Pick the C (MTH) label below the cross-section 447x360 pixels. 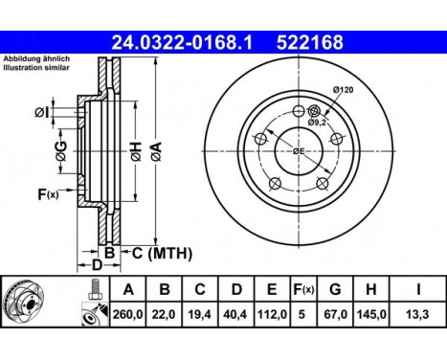162,253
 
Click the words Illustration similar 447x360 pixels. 36,69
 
